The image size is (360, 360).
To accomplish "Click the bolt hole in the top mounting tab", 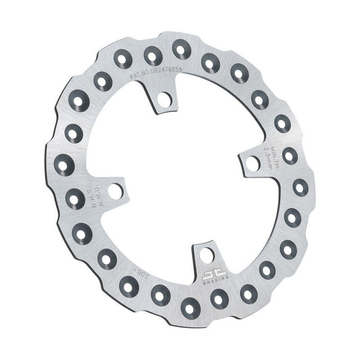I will tap(162, 102).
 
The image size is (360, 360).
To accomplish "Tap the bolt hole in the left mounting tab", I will tap(116, 192).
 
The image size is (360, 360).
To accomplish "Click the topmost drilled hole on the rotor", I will tap(180, 47).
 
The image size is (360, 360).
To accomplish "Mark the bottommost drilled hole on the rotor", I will tap(190, 304).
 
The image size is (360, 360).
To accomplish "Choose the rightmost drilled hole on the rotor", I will tap(298, 187).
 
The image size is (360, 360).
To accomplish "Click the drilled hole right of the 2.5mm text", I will tap(290, 156).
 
